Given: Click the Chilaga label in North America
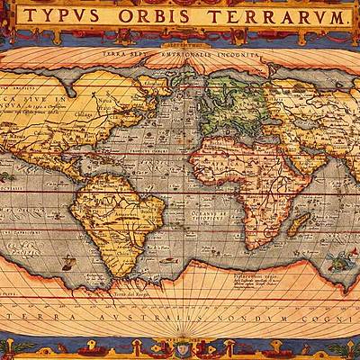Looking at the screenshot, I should [x=85, y=114].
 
